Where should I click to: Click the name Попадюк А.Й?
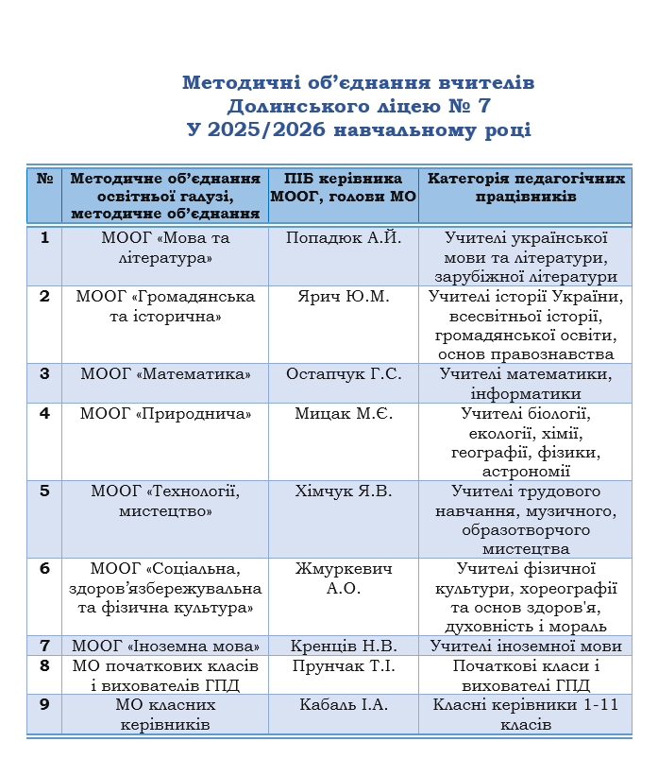(344, 237)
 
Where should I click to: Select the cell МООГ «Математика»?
(165, 374)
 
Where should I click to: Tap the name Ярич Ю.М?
(343, 296)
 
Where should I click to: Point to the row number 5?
(44, 491)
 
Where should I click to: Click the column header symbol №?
(44, 179)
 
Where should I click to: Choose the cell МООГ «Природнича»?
(165, 413)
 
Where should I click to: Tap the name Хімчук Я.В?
(344, 491)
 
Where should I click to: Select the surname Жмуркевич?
(344, 568)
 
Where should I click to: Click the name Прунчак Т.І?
(344, 665)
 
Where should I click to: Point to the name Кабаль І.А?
(344, 704)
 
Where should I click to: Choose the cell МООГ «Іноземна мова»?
(165, 647)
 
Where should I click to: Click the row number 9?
(44, 704)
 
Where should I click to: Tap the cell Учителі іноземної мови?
(526, 647)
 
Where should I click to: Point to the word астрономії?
(526, 471)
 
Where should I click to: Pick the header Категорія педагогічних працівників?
(526, 188)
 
